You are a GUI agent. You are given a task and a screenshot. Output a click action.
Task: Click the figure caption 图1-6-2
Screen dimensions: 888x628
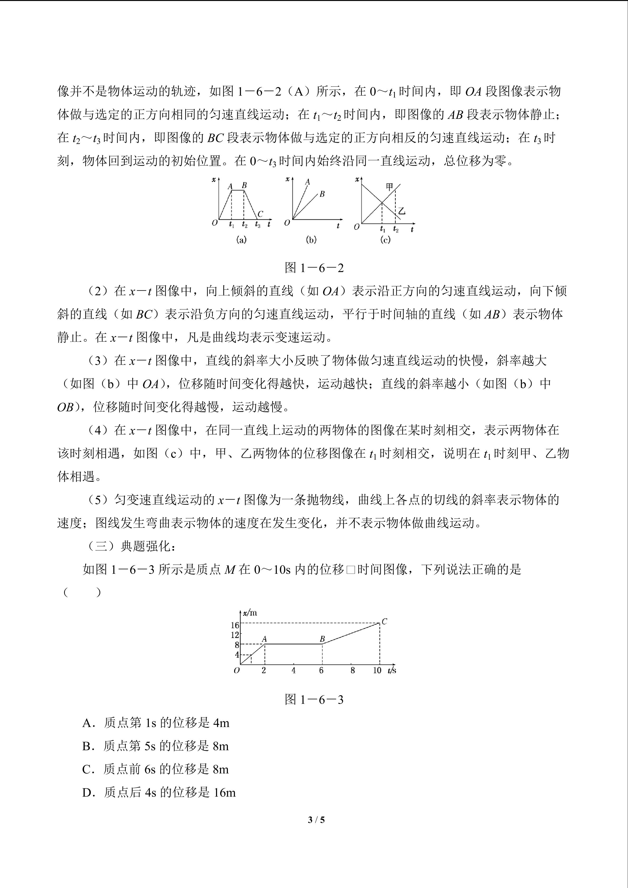pos(314,268)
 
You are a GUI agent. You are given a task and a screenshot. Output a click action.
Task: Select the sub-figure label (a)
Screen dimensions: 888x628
pos(241,240)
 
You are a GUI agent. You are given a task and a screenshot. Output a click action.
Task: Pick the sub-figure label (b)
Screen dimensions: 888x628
pos(311,240)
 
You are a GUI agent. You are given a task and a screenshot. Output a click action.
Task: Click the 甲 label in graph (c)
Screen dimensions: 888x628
pos(389,187)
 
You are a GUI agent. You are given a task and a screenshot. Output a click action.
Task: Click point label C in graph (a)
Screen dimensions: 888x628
pos(260,214)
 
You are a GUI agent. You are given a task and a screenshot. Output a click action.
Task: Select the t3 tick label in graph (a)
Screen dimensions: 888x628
pos(257,224)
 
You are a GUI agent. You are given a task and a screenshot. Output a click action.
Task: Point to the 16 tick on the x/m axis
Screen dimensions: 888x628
pos(235,625)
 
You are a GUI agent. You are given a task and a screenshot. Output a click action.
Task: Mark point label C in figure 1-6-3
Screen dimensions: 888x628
pos(384,622)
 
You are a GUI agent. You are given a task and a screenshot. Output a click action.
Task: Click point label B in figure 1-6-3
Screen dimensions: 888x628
pos(322,639)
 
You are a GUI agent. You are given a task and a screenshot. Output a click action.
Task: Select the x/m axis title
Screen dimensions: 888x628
pos(250,613)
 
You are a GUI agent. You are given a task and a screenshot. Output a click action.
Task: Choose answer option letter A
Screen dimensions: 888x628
pos(87,723)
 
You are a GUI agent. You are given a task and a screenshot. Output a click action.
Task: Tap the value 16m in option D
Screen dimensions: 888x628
pos(224,793)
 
